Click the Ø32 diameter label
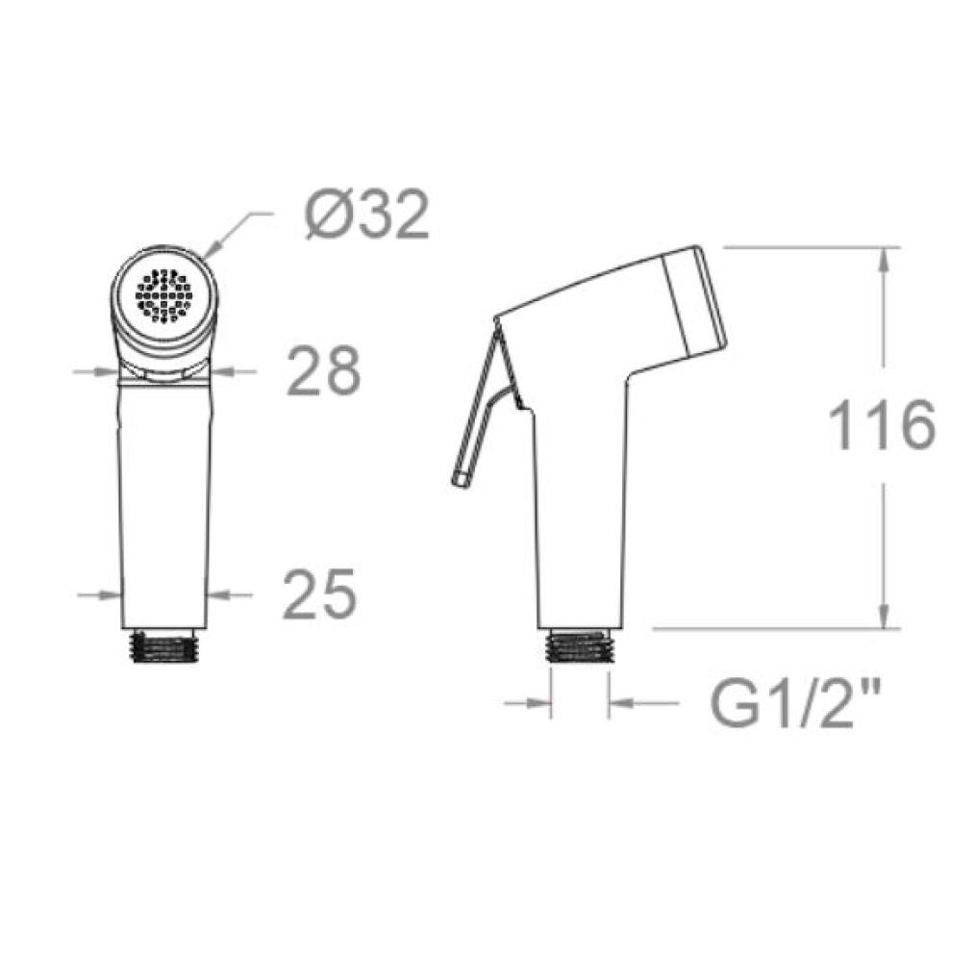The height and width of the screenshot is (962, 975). [367, 215]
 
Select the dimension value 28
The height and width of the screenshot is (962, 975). [323, 370]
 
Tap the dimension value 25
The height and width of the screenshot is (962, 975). [319, 595]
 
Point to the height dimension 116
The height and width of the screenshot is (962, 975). [883, 425]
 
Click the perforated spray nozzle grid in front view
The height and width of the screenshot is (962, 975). [163, 296]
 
